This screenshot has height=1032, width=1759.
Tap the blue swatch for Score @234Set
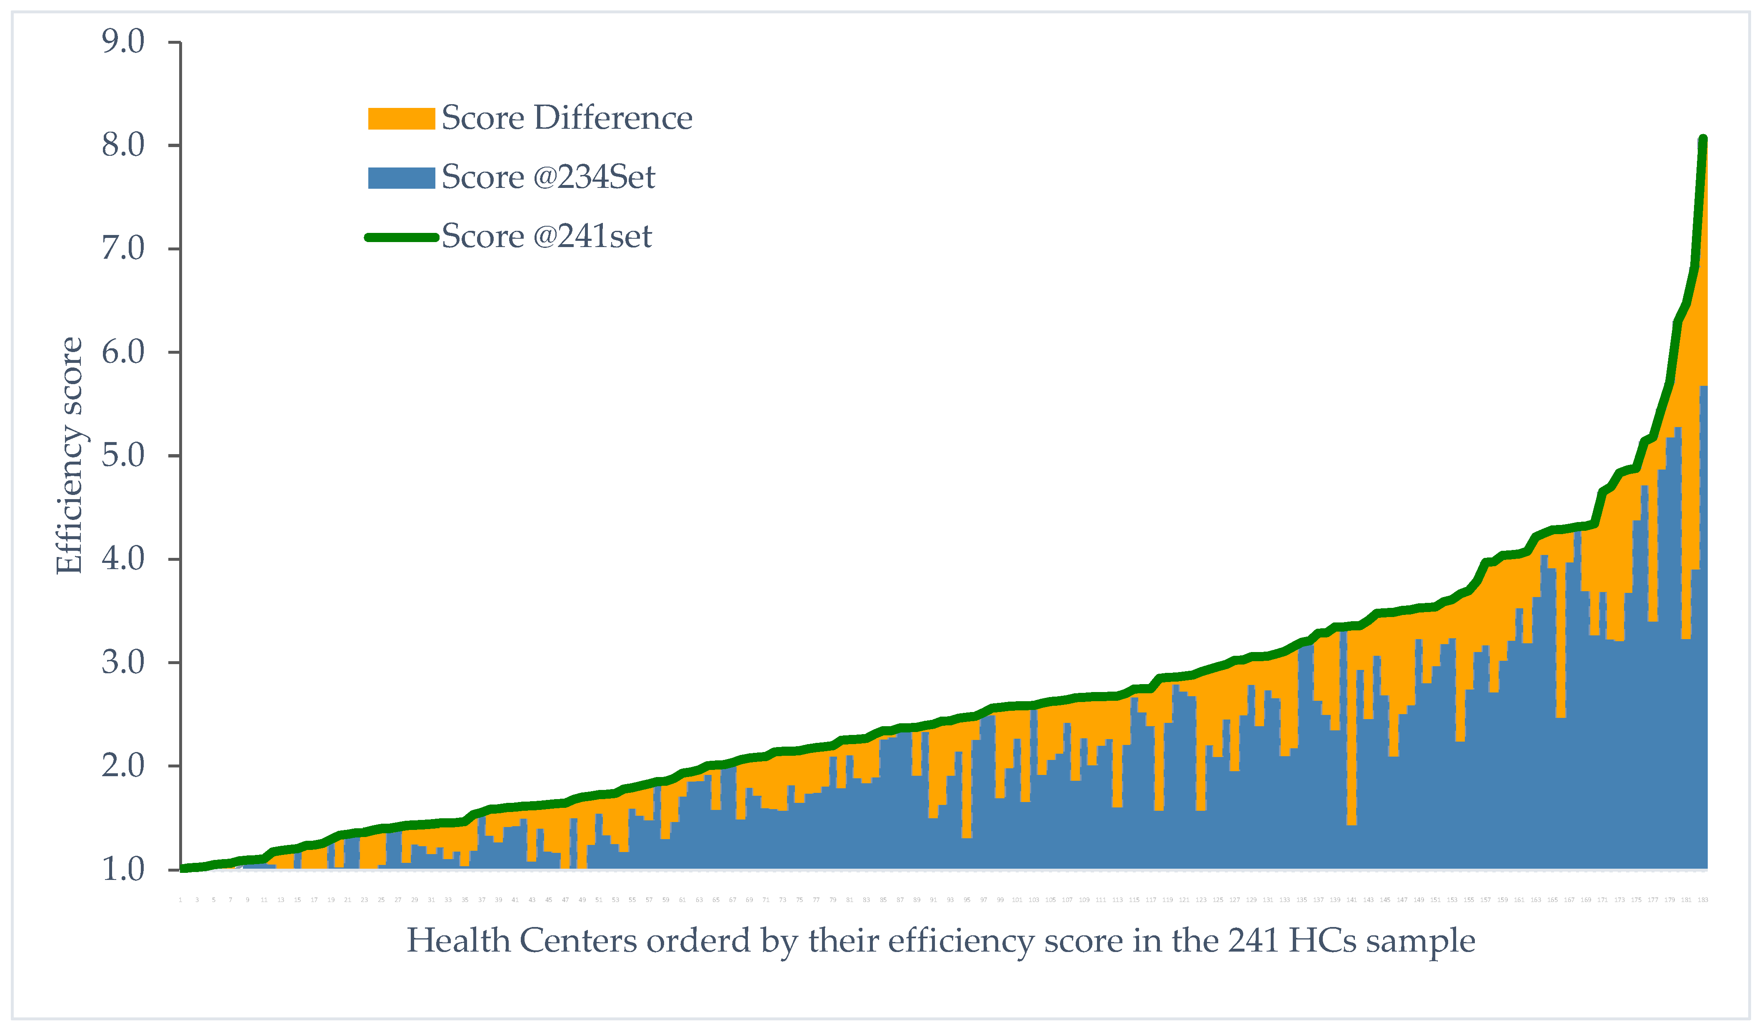(x=401, y=177)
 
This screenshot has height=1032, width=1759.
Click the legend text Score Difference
(x=567, y=118)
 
